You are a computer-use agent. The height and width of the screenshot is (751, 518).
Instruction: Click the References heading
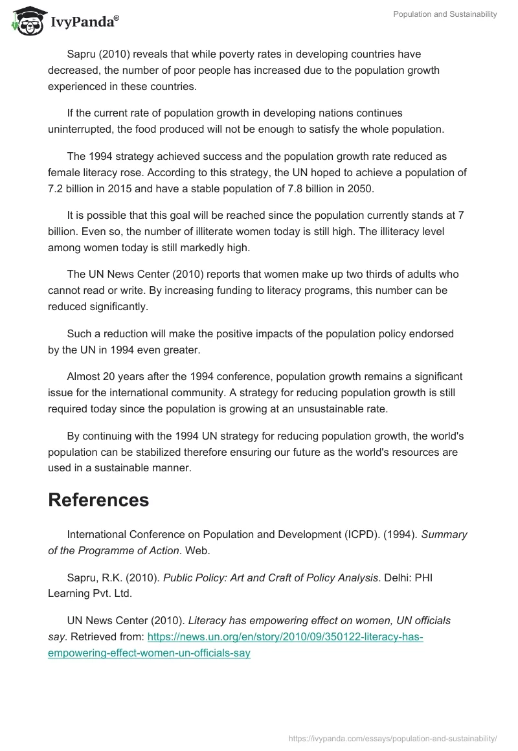coord(98,500)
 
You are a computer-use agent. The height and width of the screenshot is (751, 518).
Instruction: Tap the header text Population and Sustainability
coord(445,14)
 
